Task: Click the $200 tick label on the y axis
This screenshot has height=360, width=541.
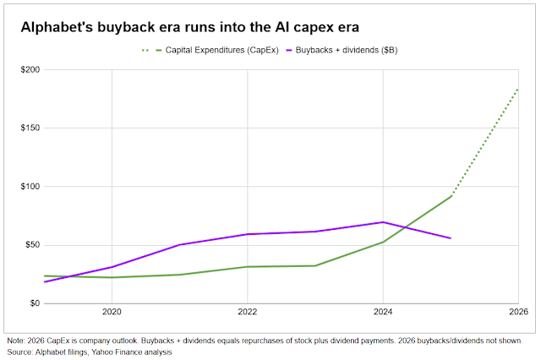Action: (x=30, y=69)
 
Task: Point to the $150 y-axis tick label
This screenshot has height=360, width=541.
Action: (x=30, y=128)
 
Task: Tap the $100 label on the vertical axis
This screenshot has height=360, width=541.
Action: (x=30, y=187)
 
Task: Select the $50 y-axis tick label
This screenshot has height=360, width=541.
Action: (x=32, y=245)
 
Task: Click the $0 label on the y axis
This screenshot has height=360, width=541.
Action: (x=35, y=303)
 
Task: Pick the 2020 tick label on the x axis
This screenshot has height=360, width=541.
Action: (x=112, y=312)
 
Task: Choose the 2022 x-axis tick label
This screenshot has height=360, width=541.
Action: (x=248, y=312)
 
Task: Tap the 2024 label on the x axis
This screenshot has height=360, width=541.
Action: (x=383, y=312)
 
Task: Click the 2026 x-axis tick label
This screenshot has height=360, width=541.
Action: (x=518, y=312)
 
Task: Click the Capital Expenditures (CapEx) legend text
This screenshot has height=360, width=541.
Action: (x=221, y=51)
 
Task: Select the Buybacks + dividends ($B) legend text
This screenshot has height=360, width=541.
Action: (x=347, y=51)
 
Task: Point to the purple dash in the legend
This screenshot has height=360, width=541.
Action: (x=289, y=51)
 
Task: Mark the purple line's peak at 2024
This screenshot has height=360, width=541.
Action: (x=383, y=222)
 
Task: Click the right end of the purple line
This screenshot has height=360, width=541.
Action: (x=451, y=238)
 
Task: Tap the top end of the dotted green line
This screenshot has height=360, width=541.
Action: (x=518, y=90)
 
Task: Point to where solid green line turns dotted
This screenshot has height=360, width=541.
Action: (x=451, y=196)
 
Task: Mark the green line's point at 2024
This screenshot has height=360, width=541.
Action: (x=383, y=242)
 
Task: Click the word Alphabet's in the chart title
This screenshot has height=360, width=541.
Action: (x=57, y=27)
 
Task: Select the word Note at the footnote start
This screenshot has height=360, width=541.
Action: (x=15, y=341)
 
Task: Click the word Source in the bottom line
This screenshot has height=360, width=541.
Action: (x=19, y=352)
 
